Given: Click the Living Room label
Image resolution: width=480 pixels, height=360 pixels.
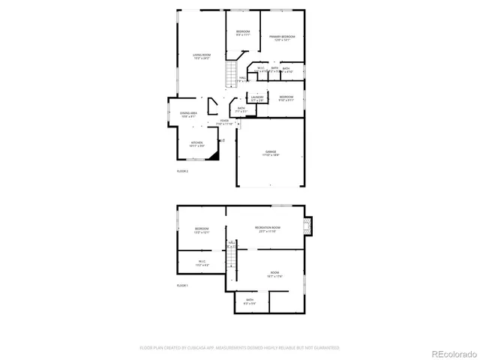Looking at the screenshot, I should (x=201, y=56).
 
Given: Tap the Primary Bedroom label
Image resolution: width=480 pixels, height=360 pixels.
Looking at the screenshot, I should (x=282, y=37).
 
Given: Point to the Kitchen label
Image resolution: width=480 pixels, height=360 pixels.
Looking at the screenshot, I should (x=196, y=143).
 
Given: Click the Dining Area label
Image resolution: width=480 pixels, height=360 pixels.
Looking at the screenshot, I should (x=187, y=115).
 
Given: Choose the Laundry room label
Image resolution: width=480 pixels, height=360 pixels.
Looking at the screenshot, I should (x=257, y=98).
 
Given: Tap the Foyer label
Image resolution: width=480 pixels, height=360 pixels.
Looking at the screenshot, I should (x=225, y=122).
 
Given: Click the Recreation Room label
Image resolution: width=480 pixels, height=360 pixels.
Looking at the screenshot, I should (x=267, y=229).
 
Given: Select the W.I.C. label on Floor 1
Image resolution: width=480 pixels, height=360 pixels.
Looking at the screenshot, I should (x=202, y=262).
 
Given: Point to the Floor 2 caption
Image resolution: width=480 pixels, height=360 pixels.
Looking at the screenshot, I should (x=182, y=172).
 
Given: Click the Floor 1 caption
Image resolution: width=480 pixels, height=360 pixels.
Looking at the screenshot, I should (x=182, y=286).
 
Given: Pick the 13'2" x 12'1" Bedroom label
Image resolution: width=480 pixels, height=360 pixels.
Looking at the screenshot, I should (x=201, y=229).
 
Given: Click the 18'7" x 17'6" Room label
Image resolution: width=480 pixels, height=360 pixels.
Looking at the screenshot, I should (x=274, y=274).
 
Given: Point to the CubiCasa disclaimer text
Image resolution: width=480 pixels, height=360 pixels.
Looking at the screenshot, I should (x=240, y=348).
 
